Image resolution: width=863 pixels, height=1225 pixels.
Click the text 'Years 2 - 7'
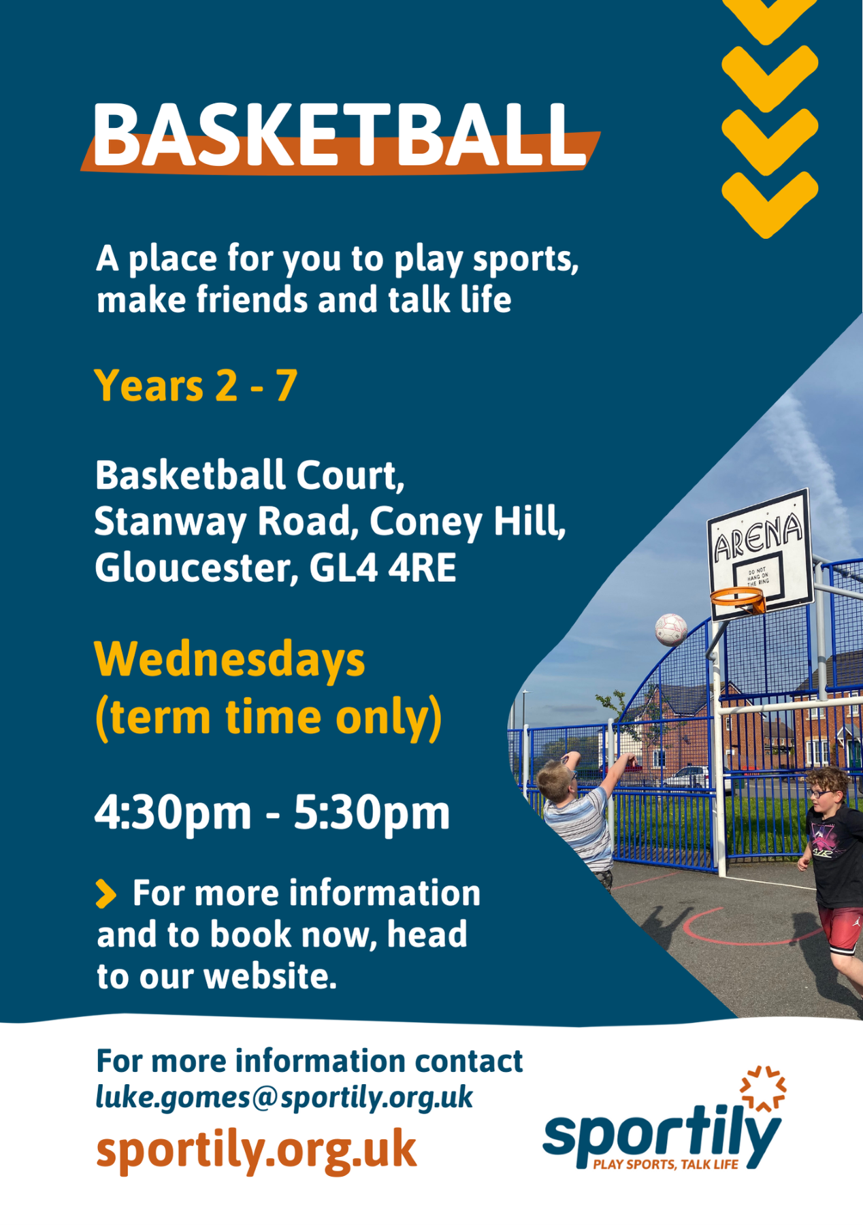(196, 386)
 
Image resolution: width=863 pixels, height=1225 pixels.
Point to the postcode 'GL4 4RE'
(382, 568)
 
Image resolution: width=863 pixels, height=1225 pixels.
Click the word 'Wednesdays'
(230, 660)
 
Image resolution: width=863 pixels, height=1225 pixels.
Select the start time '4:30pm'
(173, 813)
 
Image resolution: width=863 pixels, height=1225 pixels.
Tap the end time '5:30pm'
(372, 813)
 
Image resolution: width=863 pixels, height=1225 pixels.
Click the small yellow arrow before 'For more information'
(105, 894)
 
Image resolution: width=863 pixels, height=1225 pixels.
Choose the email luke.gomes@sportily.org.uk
(284, 1097)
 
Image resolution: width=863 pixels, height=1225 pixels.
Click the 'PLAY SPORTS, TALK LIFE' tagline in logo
(666, 1164)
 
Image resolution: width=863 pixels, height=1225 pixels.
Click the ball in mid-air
(671, 630)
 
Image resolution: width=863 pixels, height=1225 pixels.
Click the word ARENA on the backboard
(758, 538)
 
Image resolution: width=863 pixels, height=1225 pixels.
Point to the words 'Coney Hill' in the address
(468, 522)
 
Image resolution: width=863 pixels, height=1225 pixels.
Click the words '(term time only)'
(268, 718)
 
